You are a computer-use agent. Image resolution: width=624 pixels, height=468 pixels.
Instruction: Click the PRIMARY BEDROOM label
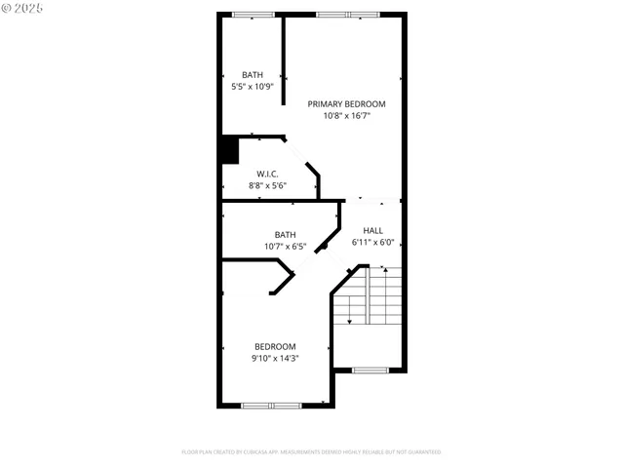[x=346, y=103]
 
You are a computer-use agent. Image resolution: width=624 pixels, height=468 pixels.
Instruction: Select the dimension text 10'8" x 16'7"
[x=346, y=115]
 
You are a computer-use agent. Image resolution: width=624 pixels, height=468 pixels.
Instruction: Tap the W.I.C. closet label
[x=268, y=174]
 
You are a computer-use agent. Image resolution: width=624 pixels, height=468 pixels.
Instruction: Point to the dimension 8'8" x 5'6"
[x=268, y=184]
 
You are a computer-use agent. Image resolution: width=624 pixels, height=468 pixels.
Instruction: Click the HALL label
[x=372, y=231]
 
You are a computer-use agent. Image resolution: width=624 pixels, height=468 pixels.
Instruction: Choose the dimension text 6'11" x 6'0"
[x=372, y=243]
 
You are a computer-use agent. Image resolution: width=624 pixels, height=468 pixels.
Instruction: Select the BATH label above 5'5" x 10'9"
[x=253, y=75]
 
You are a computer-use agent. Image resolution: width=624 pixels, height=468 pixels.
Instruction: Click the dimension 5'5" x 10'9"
[x=253, y=87]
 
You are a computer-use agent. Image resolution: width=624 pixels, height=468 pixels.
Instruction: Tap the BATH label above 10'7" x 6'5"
[x=285, y=234]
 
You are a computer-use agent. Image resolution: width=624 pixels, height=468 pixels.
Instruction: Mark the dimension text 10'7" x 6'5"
[x=285, y=246]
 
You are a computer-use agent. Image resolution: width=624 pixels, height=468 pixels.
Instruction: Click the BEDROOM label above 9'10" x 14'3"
[x=275, y=346]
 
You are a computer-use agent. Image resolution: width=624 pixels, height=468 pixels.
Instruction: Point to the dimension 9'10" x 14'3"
[x=275, y=358]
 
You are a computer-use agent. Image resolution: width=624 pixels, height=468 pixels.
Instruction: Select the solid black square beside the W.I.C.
[x=228, y=150]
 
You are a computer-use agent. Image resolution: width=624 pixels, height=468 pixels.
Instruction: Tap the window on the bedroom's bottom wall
[x=272, y=405]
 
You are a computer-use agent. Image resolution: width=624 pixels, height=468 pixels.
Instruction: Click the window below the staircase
[x=370, y=370]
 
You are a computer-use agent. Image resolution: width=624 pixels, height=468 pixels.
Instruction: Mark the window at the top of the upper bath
[x=253, y=14]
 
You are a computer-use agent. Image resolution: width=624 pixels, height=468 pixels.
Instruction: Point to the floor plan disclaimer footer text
[x=311, y=452]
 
